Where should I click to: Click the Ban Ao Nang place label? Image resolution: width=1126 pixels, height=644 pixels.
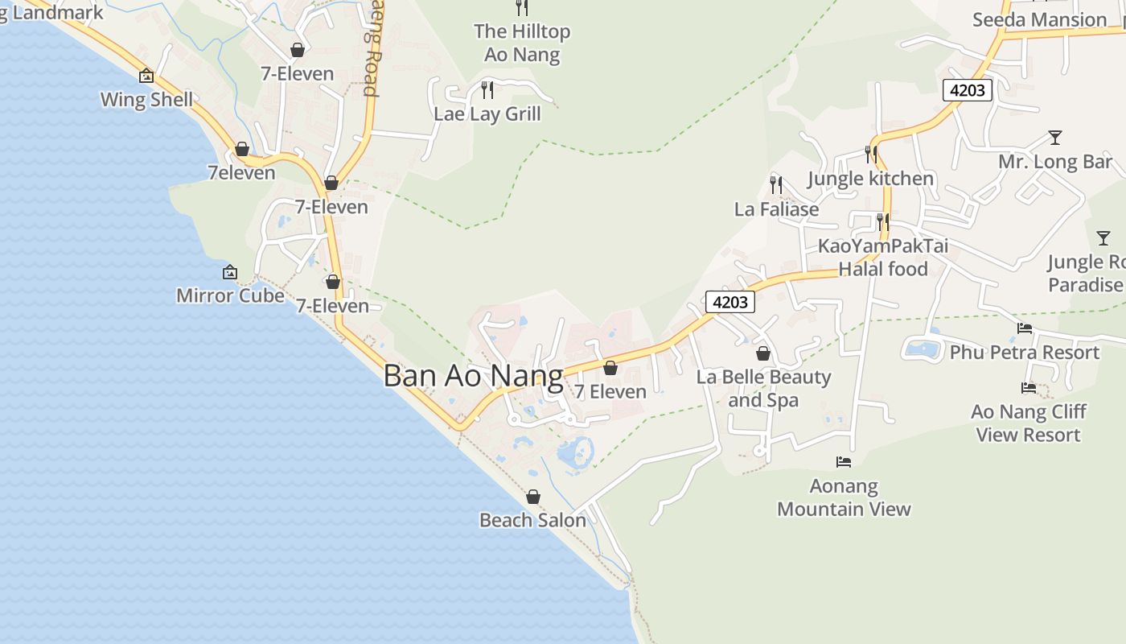click(x=473, y=376)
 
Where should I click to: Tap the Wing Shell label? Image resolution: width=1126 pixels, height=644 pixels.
click(x=146, y=100)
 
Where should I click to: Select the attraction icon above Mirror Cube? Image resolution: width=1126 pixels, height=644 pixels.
click(x=230, y=272)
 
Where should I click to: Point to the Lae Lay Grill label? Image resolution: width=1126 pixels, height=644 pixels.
click(x=487, y=114)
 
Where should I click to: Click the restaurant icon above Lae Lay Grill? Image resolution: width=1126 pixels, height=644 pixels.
click(x=487, y=89)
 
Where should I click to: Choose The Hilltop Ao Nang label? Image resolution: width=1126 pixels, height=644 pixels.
click(x=522, y=43)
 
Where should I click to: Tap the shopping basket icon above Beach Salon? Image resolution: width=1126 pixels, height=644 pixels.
click(x=532, y=497)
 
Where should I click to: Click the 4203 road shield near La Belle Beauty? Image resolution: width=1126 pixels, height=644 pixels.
click(x=730, y=302)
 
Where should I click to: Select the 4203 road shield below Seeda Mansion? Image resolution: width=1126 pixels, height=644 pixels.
click(x=967, y=90)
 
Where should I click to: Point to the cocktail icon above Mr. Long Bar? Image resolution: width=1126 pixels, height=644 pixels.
click(x=1055, y=138)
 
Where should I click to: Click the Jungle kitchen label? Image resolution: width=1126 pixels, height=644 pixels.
click(x=871, y=178)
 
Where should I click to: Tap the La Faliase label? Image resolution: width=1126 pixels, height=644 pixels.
click(x=776, y=209)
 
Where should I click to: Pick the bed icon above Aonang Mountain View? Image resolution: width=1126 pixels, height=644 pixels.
click(x=843, y=462)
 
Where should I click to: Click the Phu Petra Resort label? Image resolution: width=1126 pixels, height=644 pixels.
click(x=1025, y=353)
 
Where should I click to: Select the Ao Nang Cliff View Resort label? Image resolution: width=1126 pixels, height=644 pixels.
click(x=1029, y=423)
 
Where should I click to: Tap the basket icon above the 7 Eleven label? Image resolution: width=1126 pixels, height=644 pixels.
click(x=610, y=368)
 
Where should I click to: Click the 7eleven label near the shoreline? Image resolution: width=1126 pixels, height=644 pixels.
click(x=241, y=172)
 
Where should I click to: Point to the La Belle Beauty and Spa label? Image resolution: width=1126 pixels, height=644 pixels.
click(x=763, y=388)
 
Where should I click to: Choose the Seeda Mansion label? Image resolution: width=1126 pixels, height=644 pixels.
click(x=1039, y=19)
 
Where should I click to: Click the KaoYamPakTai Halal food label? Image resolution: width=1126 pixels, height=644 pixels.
click(x=883, y=257)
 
